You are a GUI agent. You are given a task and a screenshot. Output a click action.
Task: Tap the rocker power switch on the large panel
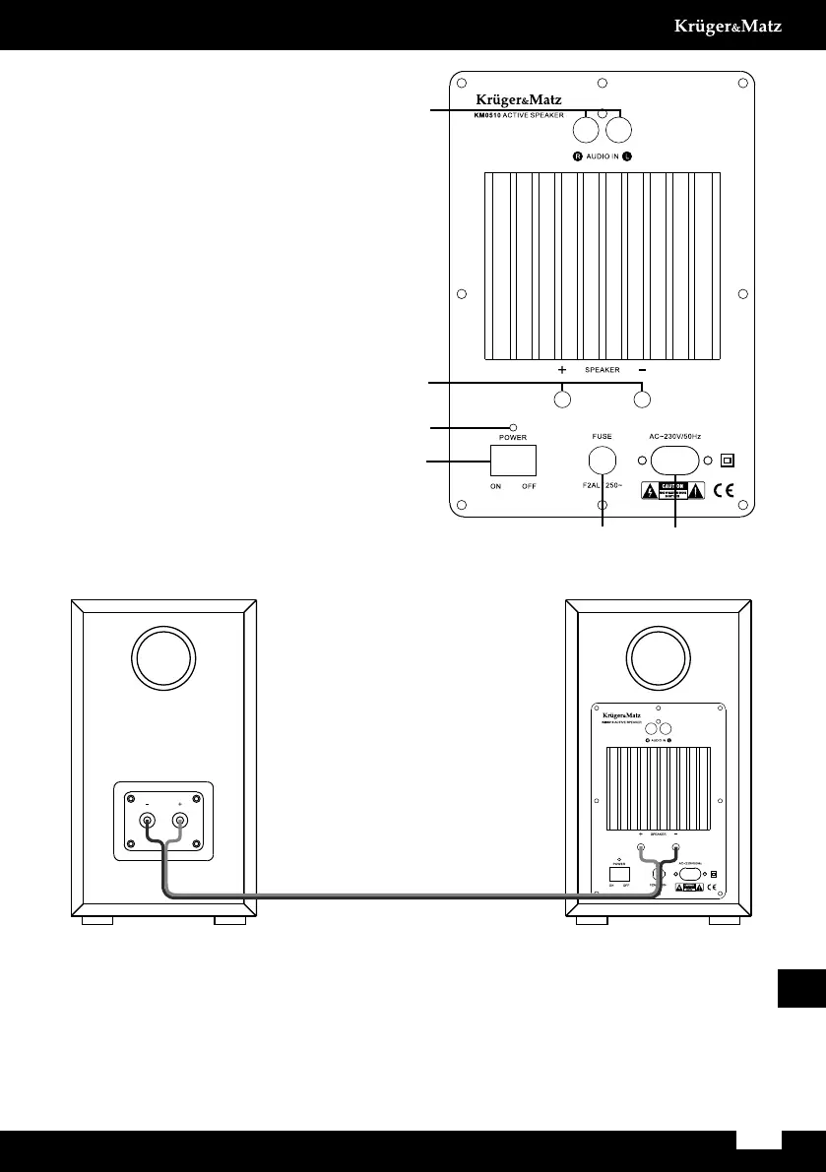click(513, 461)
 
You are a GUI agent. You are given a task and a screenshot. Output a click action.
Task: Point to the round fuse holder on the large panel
click(602, 460)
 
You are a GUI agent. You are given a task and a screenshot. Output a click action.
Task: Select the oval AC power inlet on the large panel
click(673, 460)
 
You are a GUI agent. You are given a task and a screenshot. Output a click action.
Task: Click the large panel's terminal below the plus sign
click(562, 400)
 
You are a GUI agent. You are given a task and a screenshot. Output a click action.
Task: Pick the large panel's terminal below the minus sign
click(642, 400)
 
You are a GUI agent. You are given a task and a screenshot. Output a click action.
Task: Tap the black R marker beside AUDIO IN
click(579, 156)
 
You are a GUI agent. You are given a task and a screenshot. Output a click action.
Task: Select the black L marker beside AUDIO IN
click(627, 156)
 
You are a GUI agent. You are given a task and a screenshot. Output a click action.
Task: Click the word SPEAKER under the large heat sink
click(602, 370)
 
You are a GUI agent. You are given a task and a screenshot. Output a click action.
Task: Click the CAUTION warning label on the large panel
click(673, 491)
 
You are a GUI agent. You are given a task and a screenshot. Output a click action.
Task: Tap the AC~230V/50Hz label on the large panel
click(674, 435)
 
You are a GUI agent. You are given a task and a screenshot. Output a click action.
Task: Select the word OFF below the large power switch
click(529, 486)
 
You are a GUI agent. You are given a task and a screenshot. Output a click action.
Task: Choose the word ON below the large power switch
click(497, 486)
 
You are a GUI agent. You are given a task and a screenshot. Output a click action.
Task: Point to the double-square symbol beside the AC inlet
click(729, 460)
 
